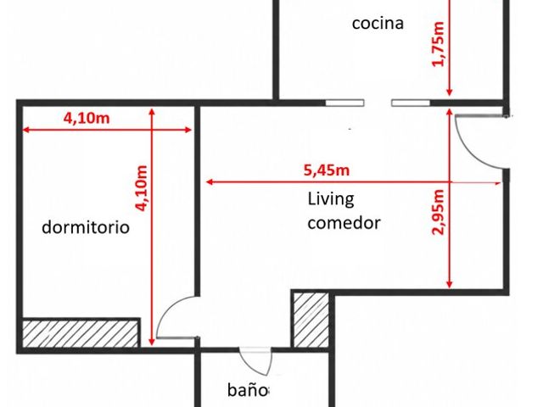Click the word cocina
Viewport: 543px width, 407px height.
[378, 24]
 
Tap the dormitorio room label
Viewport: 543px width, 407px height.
[86, 227]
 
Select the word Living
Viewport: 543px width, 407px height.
[331, 199]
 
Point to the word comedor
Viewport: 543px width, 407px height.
[344, 223]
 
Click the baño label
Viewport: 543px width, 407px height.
[248, 390]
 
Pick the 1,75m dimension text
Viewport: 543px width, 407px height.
[438, 43]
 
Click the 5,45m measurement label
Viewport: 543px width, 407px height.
[327, 170]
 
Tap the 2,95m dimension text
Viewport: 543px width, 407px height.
[438, 212]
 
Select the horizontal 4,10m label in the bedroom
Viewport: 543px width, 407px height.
[87, 119]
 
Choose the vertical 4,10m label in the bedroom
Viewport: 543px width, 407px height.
[142, 188]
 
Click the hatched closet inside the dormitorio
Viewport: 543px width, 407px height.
[80, 333]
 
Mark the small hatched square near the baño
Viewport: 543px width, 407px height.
[311, 320]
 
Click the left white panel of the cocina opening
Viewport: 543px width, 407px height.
[344, 103]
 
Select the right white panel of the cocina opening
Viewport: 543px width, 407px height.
[411, 103]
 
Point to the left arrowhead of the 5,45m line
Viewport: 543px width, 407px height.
[209, 181]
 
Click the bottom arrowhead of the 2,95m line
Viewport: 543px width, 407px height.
[449, 285]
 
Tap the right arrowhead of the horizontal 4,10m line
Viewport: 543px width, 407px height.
[188, 130]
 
